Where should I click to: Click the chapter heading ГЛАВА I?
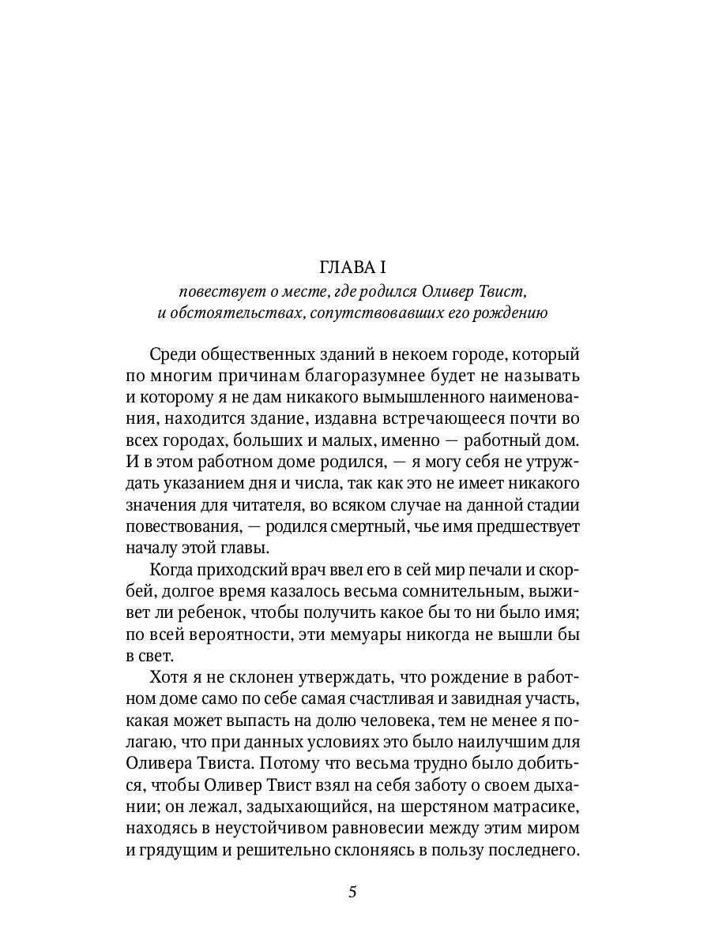(355, 268)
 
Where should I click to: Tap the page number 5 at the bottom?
(353, 893)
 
